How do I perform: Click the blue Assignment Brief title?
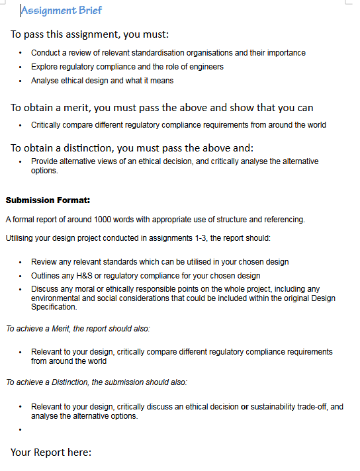pyautogui.click(x=62, y=11)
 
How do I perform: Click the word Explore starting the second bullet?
pyautogui.click(x=44, y=67)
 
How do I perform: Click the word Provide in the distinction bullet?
pyautogui.click(x=44, y=161)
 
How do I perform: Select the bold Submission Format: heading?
pyautogui.click(x=48, y=200)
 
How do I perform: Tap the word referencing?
pyautogui.click(x=284, y=220)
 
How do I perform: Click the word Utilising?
pyautogui.click(x=21, y=237)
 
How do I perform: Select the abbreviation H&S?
pyautogui.click(x=82, y=276)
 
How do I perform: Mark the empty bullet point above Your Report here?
pyautogui.click(x=21, y=429)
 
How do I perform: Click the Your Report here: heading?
pyautogui.click(x=50, y=452)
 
